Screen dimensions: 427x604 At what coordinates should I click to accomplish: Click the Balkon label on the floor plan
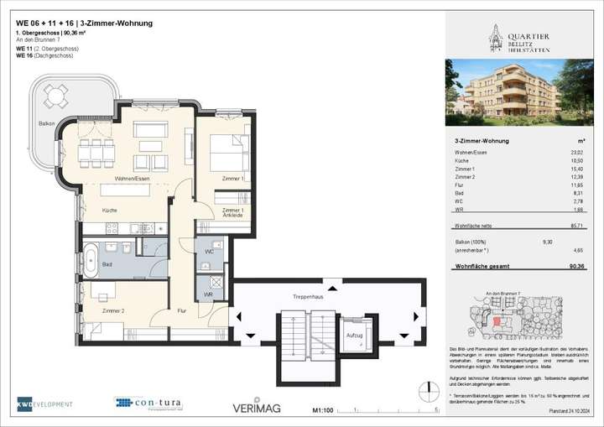[47, 124]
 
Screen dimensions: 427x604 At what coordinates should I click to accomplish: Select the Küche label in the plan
[110, 210]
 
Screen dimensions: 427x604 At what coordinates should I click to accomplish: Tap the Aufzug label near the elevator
[354, 334]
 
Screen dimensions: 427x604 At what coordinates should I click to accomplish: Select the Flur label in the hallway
[181, 310]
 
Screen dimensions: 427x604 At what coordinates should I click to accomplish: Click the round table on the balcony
[55, 97]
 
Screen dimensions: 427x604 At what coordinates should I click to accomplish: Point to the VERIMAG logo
[256, 408]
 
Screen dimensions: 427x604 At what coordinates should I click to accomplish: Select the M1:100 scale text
[322, 410]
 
